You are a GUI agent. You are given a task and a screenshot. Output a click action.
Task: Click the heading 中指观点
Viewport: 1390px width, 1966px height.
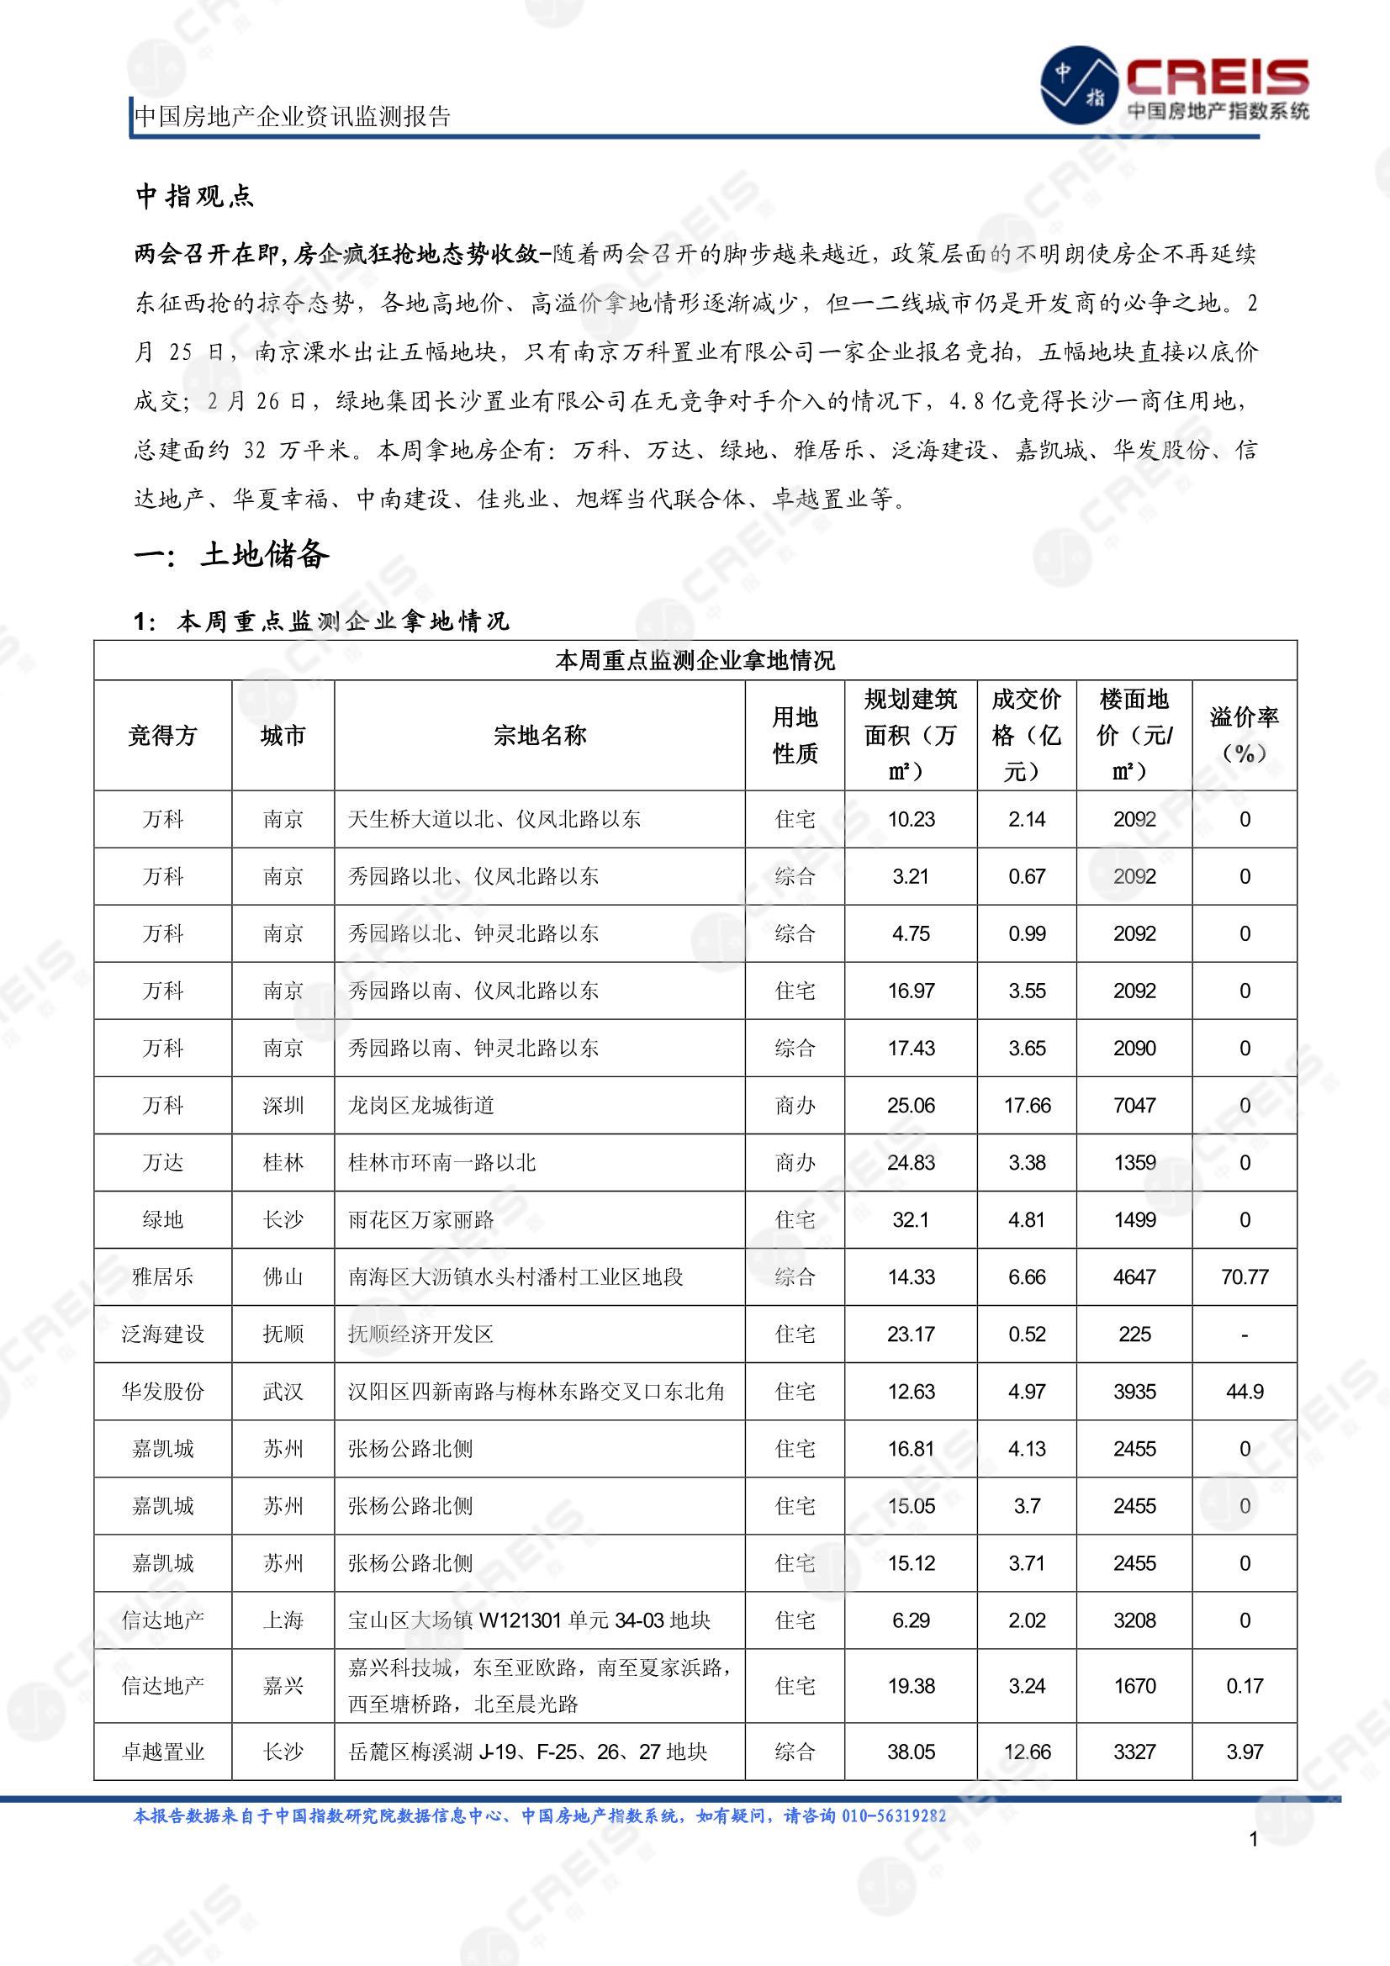point(194,197)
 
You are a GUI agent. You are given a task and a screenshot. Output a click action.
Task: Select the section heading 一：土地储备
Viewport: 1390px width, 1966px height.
point(231,555)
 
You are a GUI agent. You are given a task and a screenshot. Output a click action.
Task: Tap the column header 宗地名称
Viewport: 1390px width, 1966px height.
point(540,736)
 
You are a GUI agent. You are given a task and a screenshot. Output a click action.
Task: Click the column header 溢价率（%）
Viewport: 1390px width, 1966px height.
point(1244,736)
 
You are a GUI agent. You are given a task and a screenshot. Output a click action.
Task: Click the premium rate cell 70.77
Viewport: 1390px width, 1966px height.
point(1244,1276)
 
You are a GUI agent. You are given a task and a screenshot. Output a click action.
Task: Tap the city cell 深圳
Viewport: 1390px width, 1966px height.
point(283,1106)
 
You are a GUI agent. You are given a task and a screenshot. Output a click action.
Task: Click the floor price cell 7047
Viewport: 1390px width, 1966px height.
point(1134,1106)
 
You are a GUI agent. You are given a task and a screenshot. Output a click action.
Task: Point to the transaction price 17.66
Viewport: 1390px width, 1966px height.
point(1027,1106)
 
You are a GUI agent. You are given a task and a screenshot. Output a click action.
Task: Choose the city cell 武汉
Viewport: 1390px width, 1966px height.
point(283,1392)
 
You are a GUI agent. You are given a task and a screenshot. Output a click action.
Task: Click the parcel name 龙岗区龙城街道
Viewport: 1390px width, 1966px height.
point(421,1106)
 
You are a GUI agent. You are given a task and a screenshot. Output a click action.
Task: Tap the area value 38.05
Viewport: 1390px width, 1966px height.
point(911,1752)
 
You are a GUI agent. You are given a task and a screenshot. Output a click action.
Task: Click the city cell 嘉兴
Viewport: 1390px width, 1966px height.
point(283,1686)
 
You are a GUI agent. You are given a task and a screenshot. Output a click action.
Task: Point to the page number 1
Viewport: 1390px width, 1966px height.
point(1253,1839)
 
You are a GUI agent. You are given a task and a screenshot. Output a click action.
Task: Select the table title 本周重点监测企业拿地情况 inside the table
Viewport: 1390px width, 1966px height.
point(695,660)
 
